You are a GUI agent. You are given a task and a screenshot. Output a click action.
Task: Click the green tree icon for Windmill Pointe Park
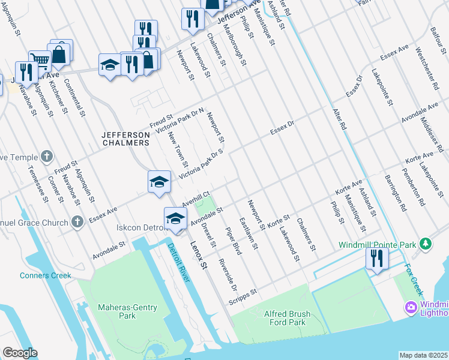[426, 244]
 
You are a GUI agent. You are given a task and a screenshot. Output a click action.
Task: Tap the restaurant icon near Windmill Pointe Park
[377, 258]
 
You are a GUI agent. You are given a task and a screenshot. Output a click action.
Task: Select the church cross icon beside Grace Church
[76, 222]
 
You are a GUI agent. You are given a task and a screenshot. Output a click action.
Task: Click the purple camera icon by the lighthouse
[411, 308]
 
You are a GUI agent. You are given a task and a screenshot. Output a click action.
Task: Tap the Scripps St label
[243, 296]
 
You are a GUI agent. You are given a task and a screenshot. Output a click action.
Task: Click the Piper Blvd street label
[233, 240]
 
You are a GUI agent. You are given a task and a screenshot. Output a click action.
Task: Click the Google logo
[19, 353]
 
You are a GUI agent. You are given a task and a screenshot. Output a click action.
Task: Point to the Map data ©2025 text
[423, 355]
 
